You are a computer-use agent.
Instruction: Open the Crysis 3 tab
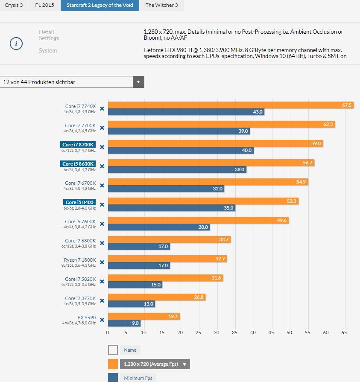pos(14,5)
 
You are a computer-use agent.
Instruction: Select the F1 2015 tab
pos(44,5)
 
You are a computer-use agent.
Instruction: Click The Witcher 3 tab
pos(161,5)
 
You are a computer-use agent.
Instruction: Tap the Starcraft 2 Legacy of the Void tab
pos(100,5)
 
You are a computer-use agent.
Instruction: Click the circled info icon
pos(16,44)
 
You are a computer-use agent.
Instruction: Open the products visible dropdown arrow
pos(138,82)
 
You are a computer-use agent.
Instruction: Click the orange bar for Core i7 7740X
pos(231,105)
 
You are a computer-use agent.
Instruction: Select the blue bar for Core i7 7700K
pos(179,131)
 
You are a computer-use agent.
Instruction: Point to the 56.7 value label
pos(307,163)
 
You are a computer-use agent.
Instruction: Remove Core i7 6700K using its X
pos(102,185)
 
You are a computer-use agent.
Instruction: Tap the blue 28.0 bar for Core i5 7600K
pos(158,227)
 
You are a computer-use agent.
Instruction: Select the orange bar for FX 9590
pos(143,316)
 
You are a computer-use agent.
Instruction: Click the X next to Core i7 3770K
pos(102,300)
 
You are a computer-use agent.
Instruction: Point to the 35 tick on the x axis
pos(235,332)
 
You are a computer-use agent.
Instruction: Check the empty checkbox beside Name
pos(113,350)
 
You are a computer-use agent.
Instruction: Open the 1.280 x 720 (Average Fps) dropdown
pos(155,364)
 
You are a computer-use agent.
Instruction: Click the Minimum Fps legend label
pos(138,378)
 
